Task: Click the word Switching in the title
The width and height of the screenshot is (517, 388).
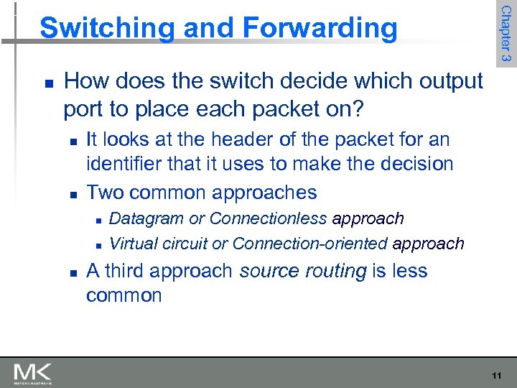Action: click(106, 28)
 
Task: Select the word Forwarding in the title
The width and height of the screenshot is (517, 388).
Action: click(320, 28)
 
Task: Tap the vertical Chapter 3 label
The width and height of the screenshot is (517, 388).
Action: click(505, 32)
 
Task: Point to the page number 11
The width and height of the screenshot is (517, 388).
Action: click(496, 375)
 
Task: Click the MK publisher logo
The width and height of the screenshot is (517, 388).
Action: click(32, 373)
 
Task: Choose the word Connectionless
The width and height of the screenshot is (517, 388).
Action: click(269, 218)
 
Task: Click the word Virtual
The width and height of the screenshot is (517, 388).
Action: click(133, 244)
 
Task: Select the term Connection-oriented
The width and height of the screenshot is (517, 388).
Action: click(309, 244)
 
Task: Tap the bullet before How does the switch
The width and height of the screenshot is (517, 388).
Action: click(46, 82)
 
